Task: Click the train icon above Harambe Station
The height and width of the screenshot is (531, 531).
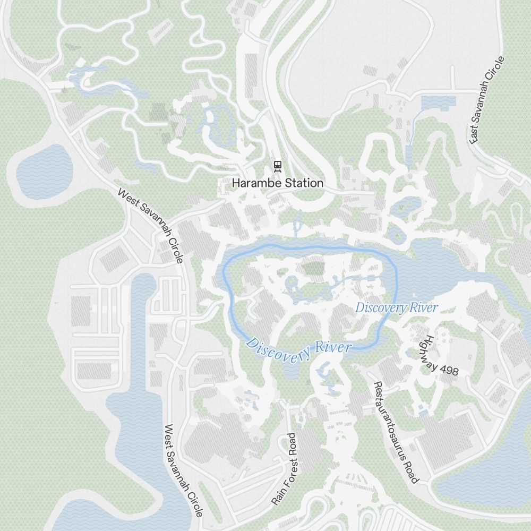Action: pos(277,166)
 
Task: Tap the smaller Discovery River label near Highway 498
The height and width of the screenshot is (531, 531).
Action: pos(396,307)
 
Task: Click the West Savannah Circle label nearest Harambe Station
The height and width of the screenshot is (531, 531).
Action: pos(150,226)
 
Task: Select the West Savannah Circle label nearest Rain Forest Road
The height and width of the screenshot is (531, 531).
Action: pos(183,470)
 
